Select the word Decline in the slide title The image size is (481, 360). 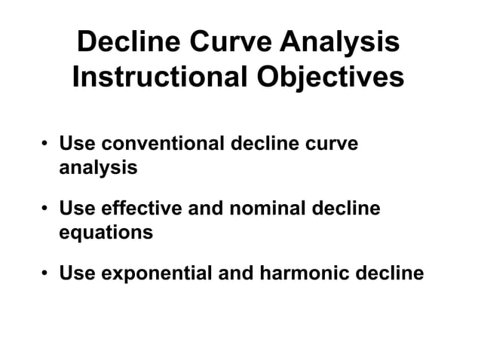pyautogui.click(x=132, y=42)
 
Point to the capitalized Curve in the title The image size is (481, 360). pyautogui.click(x=237, y=42)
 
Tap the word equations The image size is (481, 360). pyautogui.click(x=106, y=232)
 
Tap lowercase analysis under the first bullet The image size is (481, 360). pyautogui.click(x=98, y=167)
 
